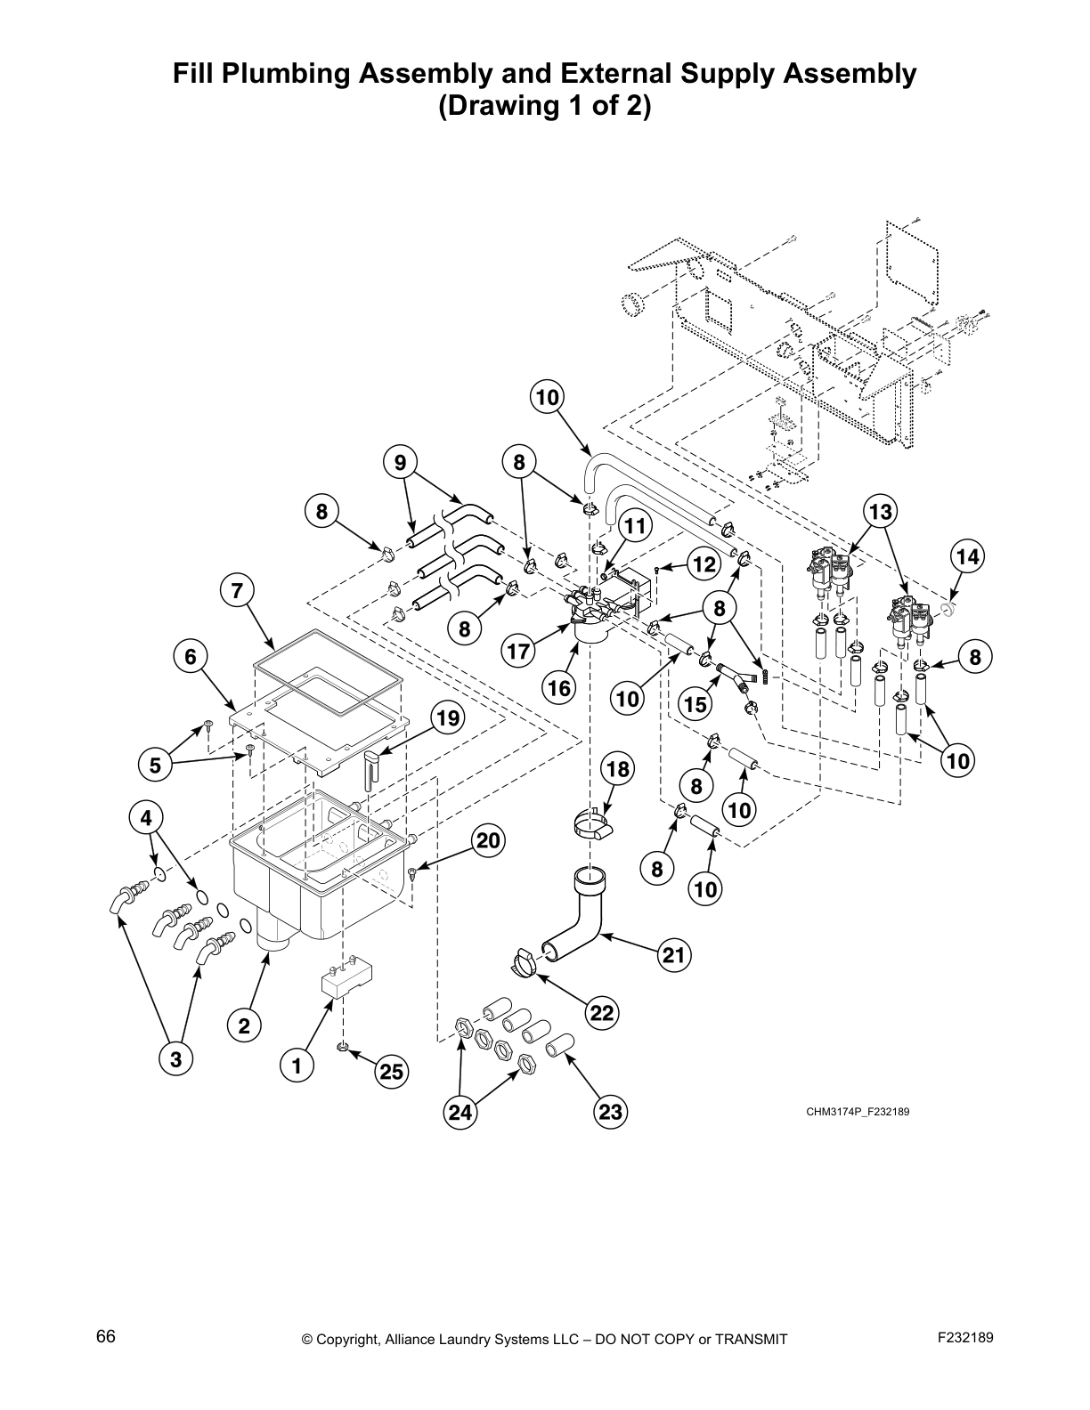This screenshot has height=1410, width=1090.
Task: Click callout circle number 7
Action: (x=237, y=590)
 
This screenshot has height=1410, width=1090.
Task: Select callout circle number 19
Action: (x=447, y=717)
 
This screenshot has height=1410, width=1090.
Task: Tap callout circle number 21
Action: (x=675, y=957)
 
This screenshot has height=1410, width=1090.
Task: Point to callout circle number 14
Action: (x=968, y=558)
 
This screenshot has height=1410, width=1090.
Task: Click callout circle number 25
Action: (x=392, y=1073)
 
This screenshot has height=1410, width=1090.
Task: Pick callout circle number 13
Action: (x=880, y=512)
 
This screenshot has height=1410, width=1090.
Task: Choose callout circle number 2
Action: (x=244, y=1025)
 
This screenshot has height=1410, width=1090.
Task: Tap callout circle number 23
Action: (x=610, y=1111)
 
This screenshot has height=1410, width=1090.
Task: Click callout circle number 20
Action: (x=487, y=840)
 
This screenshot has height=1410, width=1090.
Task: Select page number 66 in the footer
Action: (x=105, y=1337)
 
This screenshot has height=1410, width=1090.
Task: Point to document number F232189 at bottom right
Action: (x=965, y=1337)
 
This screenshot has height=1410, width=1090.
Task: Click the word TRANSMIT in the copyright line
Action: (x=747, y=1339)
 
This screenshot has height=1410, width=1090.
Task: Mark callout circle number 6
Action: (x=190, y=656)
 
